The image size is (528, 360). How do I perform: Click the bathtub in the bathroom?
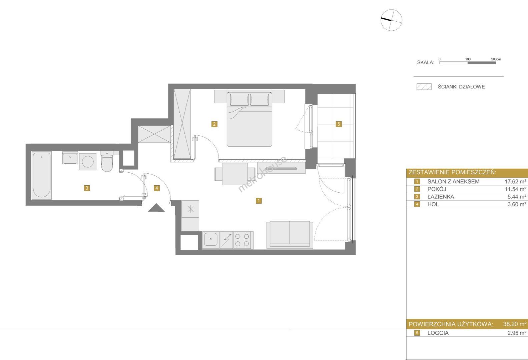(42, 175)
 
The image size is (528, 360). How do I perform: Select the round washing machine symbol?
(88, 162)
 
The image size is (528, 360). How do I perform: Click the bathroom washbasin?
(70, 158)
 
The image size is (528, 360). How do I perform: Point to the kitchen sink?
(211, 240)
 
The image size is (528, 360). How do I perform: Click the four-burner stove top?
(243, 240)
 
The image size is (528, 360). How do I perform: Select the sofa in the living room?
(290, 235)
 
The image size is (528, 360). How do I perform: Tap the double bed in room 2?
(249, 119)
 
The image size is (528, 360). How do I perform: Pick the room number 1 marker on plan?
(258, 200)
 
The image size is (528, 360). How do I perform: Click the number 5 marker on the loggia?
(339, 124)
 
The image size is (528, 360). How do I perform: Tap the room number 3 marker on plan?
(87, 188)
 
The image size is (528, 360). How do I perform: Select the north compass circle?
(391, 20)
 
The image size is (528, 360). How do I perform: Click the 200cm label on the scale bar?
(496, 59)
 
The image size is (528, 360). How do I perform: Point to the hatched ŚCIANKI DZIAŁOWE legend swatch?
(424, 87)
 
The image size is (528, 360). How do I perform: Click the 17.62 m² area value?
(515, 181)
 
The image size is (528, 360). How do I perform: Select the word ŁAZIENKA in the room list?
(441, 197)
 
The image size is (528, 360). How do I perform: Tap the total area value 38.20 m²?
(515, 324)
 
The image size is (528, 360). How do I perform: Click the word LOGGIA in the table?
(438, 333)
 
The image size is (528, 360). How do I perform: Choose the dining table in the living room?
(235, 174)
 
